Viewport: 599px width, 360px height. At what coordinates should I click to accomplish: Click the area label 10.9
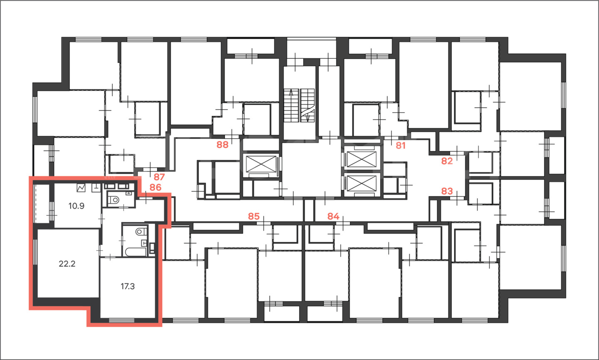click(76, 206)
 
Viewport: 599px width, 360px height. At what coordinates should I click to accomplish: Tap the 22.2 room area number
click(67, 264)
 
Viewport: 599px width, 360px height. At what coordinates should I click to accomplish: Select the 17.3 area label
click(128, 286)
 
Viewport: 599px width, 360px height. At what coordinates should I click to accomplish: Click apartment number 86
click(156, 187)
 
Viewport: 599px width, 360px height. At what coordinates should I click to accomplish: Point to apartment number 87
click(159, 177)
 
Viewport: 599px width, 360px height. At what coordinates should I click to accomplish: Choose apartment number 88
click(223, 145)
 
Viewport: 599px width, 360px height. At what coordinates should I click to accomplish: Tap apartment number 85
click(254, 216)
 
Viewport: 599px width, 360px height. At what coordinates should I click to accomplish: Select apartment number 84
click(333, 216)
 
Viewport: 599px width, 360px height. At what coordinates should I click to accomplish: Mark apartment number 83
click(447, 191)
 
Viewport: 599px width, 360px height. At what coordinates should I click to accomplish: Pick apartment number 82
click(447, 161)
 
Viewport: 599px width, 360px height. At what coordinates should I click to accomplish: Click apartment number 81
click(401, 146)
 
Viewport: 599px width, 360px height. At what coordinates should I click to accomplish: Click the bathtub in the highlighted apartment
click(136, 252)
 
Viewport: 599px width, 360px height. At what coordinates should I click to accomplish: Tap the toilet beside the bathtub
click(141, 231)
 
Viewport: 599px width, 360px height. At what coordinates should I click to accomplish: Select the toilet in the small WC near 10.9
click(114, 199)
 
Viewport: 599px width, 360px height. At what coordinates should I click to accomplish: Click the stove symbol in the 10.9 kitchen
click(81, 188)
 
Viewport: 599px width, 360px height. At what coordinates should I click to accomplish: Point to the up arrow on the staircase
click(291, 93)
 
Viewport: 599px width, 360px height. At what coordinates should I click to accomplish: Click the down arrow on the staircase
click(307, 118)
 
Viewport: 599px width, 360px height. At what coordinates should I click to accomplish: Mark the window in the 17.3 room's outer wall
click(121, 320)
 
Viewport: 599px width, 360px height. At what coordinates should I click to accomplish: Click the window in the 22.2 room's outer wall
click(35, 252)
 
